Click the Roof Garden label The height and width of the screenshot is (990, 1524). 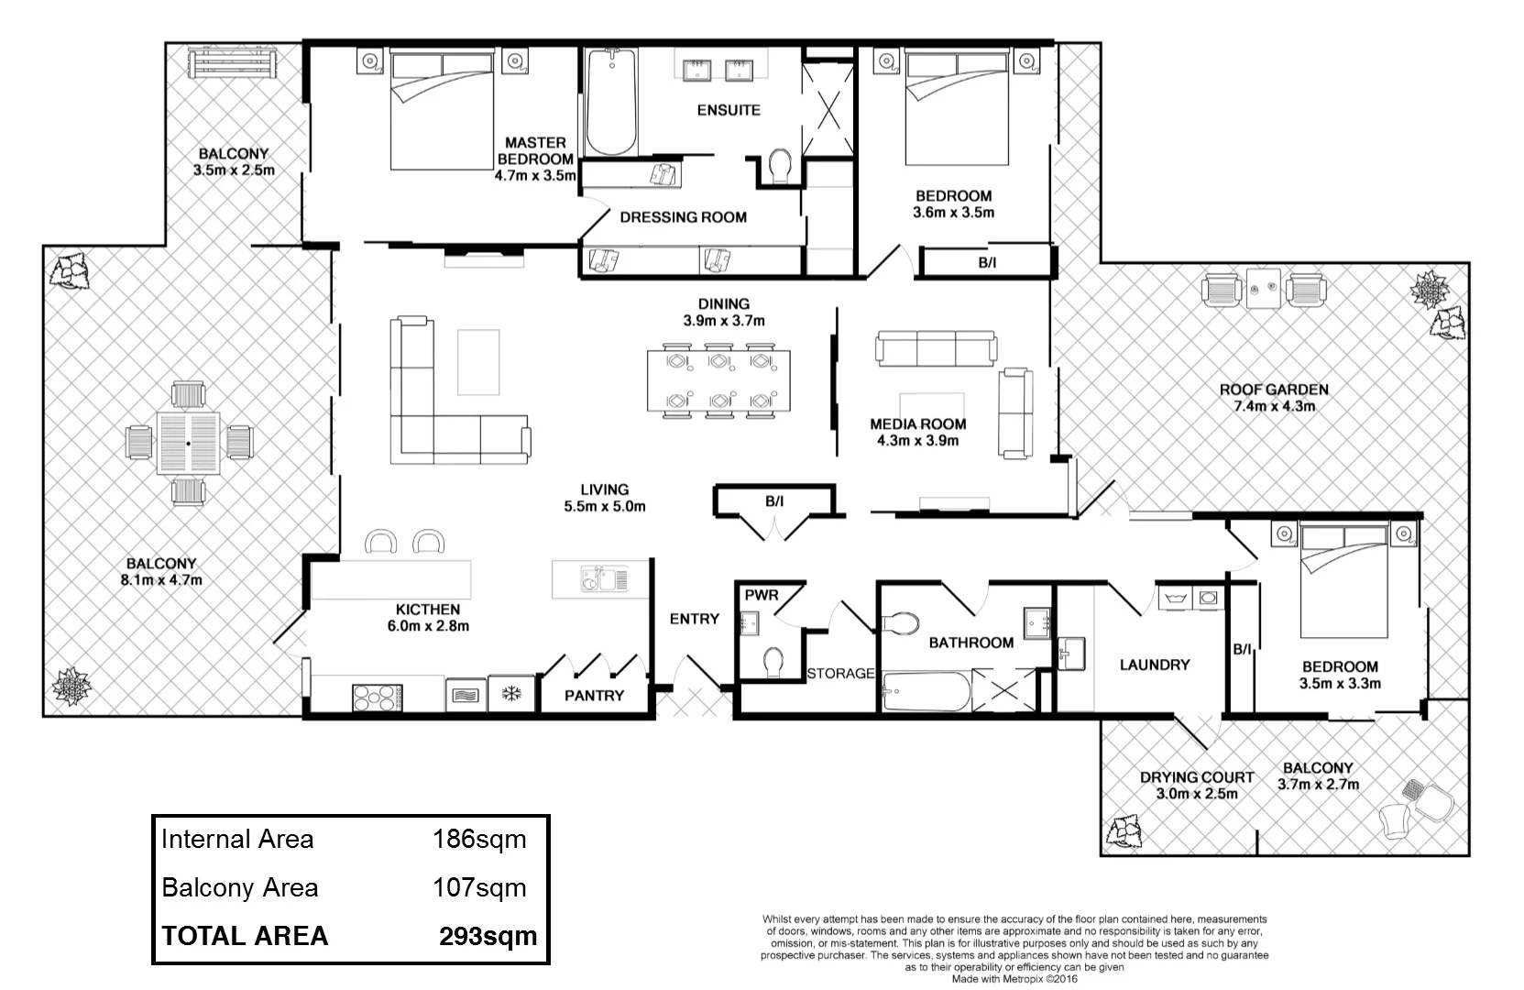coord(1273,390)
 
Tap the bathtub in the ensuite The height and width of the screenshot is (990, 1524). coord(611,103)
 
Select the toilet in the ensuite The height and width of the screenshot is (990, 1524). coord(781,167)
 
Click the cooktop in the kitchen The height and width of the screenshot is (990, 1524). coord(378,698)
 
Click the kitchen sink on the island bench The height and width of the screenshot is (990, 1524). coord(603,579)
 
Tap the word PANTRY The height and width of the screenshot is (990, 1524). coord(594,696)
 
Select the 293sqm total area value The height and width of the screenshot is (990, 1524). coord(488,936)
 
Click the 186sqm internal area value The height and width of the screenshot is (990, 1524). coord(479,839)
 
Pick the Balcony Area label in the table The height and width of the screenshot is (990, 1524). coord(240,887)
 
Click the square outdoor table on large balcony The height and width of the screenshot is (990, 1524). coord(188,444)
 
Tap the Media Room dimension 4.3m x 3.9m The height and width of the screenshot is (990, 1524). coord(917,441)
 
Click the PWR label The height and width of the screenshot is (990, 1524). coord(762,595)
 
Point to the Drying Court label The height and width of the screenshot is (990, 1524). coord(1196,777)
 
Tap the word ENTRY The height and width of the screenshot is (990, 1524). coord(694,619)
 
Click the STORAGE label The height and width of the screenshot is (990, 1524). coord(840,674)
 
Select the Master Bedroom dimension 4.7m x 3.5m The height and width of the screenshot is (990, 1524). coord(535,176)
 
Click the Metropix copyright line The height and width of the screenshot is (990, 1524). coord(1014,979)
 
